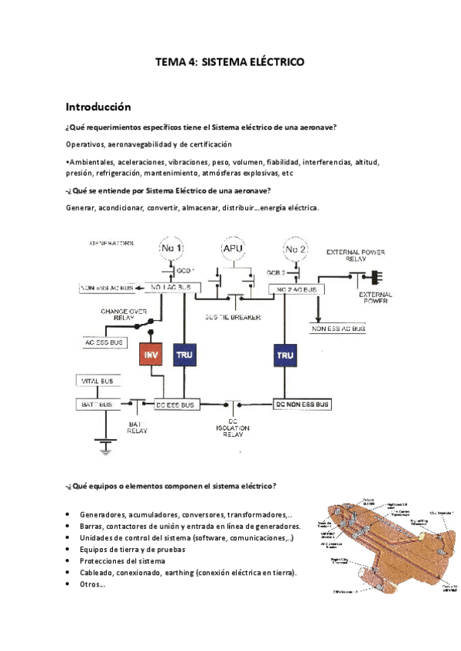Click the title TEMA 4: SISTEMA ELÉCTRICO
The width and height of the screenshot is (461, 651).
tap(230, 62)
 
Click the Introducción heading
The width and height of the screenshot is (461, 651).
tap(98, 106)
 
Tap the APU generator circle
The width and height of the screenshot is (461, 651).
tap(233, 249)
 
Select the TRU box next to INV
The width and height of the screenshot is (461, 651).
tap(184, 355)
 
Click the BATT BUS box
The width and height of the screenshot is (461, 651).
tap(97, 404)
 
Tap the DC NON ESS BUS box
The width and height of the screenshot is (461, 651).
tap(302, 404)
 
